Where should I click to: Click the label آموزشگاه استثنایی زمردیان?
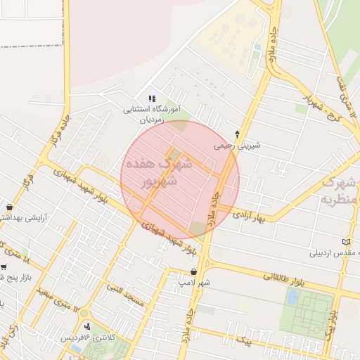(153, 115)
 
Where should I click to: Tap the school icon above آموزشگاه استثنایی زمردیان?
(152, 98)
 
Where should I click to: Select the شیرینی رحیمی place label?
(237, 146)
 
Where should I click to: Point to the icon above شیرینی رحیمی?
(237, 134)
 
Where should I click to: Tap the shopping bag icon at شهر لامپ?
(193, 271)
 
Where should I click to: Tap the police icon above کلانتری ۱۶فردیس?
(87, 326)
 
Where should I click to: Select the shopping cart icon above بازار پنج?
(4, 267)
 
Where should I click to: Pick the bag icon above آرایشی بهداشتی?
(8, 207)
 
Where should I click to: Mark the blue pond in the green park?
(291, 297)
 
